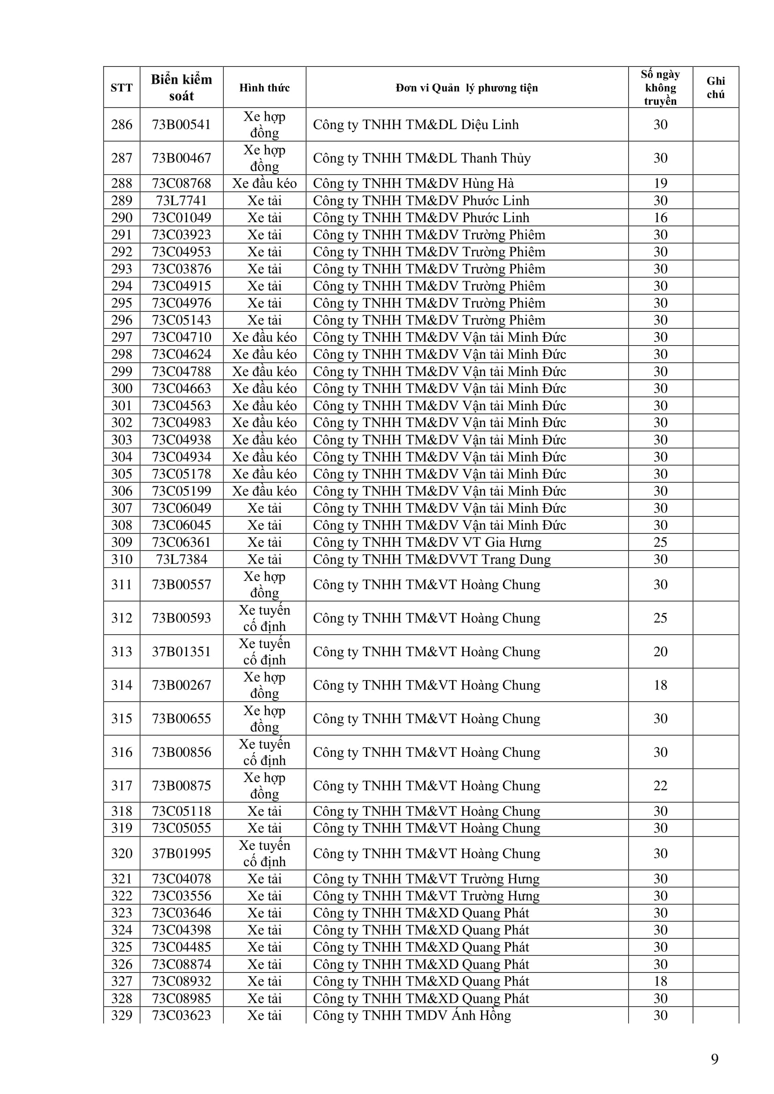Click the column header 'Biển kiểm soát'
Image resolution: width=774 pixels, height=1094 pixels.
tap(181, 87)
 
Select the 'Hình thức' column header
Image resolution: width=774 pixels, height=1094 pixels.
tap(264, 87)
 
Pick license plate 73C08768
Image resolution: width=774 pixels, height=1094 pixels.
tap(181, 183)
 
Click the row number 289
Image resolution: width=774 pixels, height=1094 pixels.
tap(122, 201)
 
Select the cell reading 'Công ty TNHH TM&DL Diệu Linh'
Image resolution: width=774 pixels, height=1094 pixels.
tap(415, 125)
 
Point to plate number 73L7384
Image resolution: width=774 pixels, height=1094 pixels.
tap(181, 559)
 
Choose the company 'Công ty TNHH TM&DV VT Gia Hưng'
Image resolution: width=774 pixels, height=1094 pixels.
tap(427, 542)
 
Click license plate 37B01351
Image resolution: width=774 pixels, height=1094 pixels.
tap(181, 652)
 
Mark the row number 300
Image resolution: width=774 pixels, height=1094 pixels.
tap(122, 388)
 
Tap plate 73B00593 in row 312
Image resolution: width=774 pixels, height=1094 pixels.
tap(181, 618)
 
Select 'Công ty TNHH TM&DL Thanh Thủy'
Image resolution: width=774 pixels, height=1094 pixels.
tap(421, 158)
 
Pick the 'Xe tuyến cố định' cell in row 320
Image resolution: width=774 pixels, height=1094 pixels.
tap(264, 854)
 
